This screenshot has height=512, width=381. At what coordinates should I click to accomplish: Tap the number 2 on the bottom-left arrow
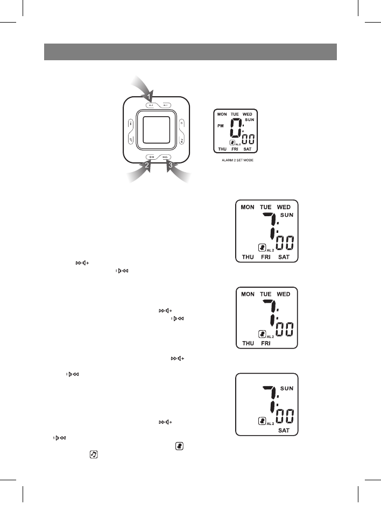coord(146,166)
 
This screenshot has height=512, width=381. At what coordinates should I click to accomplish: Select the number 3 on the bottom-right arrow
coord(171,166)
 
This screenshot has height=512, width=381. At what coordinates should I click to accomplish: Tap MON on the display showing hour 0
coord(222,115)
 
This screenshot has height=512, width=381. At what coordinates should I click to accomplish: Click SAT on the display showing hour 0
coord(248,149)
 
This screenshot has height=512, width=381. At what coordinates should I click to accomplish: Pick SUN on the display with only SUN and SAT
coord(287,388)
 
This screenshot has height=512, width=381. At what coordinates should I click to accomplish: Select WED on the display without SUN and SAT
coord(284,294)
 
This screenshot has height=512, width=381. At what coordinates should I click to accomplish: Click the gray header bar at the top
coord(190,52)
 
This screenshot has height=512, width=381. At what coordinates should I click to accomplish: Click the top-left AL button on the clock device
coord(151,105)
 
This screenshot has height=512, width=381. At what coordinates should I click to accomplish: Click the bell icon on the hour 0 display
coord(232,143)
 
